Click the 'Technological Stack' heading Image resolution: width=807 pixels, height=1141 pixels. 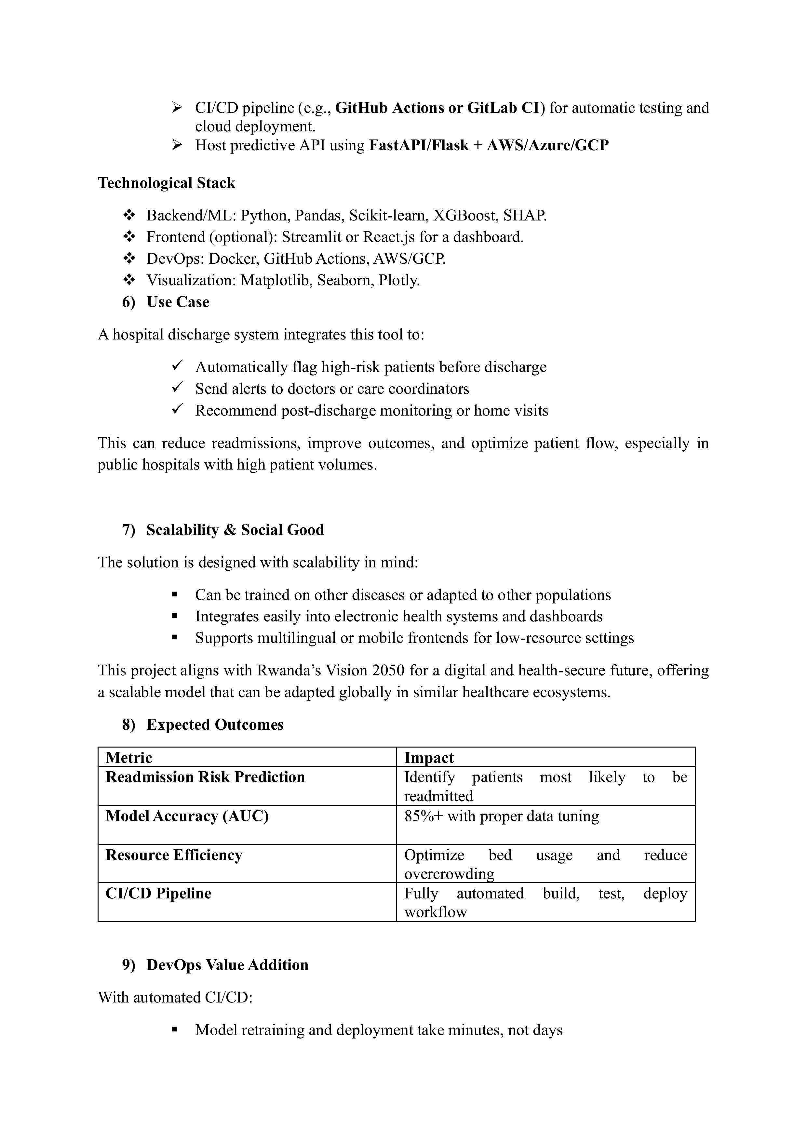(x=166, y=183)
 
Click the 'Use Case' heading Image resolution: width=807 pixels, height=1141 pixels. (x=178, y=302)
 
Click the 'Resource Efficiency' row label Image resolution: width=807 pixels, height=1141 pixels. (x=174, y=855)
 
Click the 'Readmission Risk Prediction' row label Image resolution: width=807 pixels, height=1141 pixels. (x=205, y=777)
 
